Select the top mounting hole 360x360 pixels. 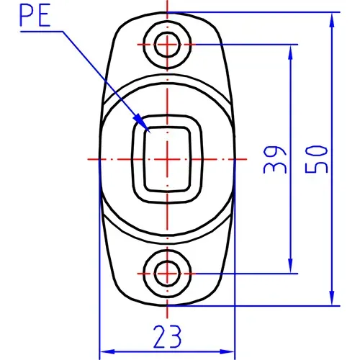point(167,43)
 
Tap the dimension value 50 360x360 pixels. point(317,158)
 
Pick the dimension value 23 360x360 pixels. point(167,336)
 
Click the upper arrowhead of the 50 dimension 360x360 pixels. point(332,17)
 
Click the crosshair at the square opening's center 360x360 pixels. point(167,158)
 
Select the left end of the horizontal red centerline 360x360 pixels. point(86,158)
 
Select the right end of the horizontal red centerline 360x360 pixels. point(248,158)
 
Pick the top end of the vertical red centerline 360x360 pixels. point(167,2)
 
